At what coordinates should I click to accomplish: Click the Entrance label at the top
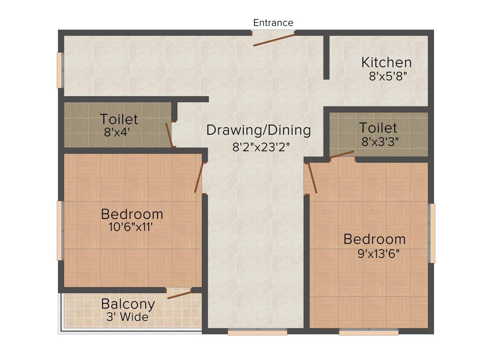pos(273,22)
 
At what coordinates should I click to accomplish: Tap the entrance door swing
pos(274,40)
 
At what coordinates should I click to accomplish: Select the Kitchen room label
pos(386,62)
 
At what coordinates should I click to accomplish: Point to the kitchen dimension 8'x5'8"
pos(387,76)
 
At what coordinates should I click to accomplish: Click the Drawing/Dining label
pos(259,130)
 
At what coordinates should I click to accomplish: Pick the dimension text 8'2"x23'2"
pos(261,146)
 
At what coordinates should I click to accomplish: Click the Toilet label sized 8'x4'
pos(119,119)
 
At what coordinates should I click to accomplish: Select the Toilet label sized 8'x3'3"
pos(378,127)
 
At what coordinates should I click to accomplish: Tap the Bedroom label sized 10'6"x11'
pos(132,214)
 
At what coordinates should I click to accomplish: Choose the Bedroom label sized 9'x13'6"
pos(375,239)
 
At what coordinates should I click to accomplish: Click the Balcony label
pos(128,304)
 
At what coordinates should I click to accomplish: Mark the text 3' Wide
pos(127,317)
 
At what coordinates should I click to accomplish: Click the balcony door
pos(180,294)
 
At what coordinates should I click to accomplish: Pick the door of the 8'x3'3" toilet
pos(342,155)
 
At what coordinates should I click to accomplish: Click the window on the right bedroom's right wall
pos(432,233)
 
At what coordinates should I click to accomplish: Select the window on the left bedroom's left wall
pos(60,230)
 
